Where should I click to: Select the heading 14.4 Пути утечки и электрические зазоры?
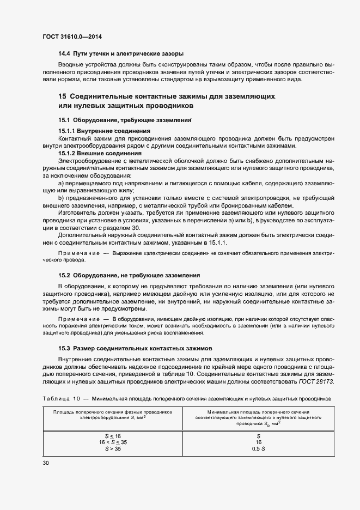click(x=121, y=54)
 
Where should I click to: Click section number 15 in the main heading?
click(x=63, y=96)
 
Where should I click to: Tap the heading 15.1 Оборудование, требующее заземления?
click(x=125, y=119)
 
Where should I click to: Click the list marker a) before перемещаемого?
click(x=62, y=184)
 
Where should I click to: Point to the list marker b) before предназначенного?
click(x=62, y=198)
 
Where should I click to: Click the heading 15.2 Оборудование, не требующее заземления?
click(x=129, y=275)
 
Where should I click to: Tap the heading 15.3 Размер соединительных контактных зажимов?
click(x=135, y=347)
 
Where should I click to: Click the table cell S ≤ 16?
click(x=113, y=436)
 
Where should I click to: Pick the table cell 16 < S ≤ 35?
click(x=113, y=442)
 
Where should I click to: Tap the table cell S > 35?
click(x=113, y=449)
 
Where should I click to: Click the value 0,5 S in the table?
click(x=258, y=449)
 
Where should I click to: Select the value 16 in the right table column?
click(x=258, y=442)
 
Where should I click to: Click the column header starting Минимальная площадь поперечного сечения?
click(x=258, y=417)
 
